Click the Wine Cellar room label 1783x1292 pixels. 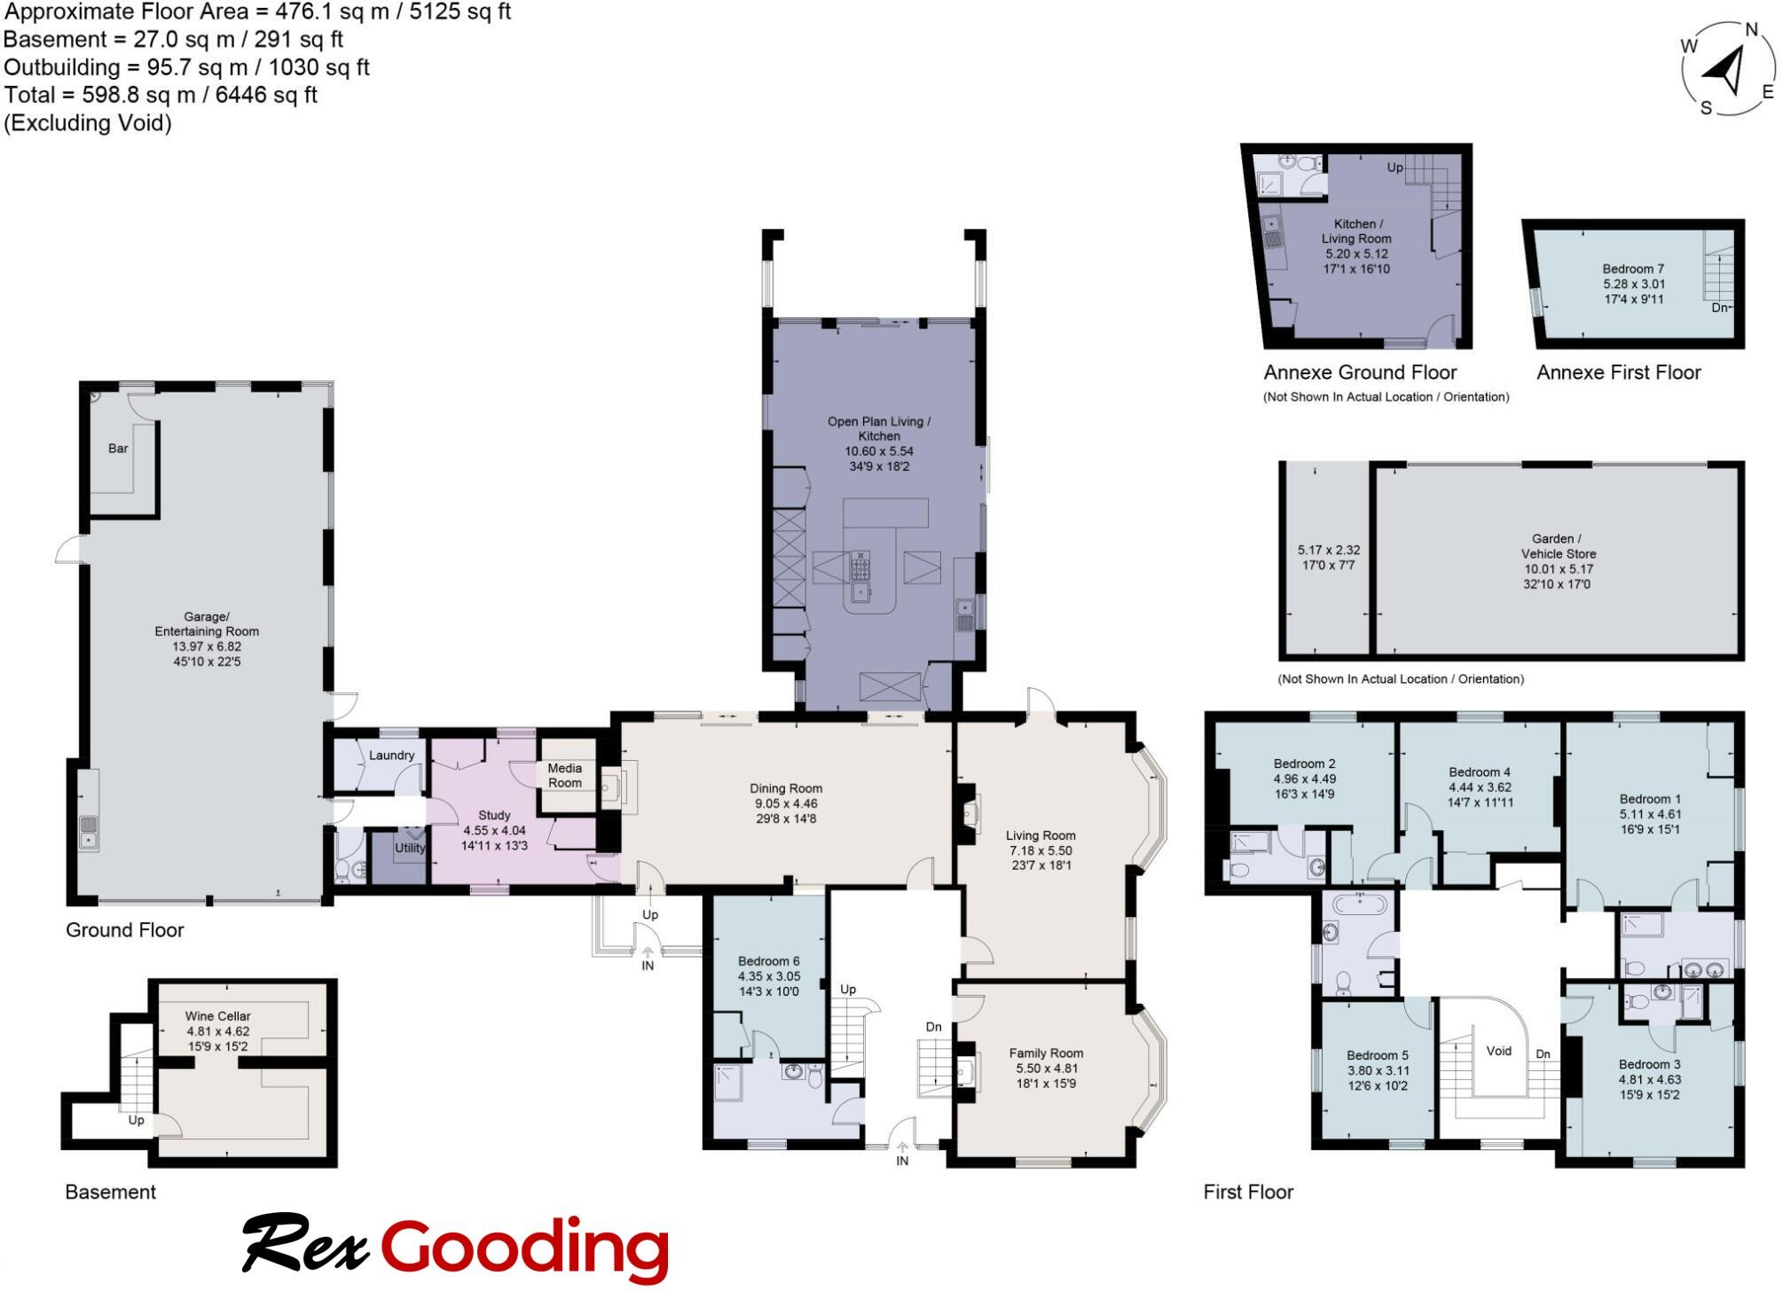217,1016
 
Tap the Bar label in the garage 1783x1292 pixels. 118,449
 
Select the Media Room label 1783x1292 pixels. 564,775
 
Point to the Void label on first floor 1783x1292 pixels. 1498,1051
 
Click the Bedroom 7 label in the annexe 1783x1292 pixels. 1632,269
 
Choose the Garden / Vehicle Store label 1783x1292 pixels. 1558,546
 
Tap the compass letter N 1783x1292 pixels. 1751,30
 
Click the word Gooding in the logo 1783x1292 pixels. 524,1248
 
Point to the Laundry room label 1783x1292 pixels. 391,756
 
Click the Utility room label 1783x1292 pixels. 410,848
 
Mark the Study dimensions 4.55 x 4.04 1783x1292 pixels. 494,831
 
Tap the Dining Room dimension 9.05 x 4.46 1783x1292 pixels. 785,803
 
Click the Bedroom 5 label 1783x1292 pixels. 1377,1055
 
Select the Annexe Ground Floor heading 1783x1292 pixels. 1360,372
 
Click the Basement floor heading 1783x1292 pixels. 110,1192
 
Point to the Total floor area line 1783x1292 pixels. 161,95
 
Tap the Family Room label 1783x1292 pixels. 1046,1053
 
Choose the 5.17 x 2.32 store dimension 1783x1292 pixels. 1328,550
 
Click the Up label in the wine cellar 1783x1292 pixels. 136,1120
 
